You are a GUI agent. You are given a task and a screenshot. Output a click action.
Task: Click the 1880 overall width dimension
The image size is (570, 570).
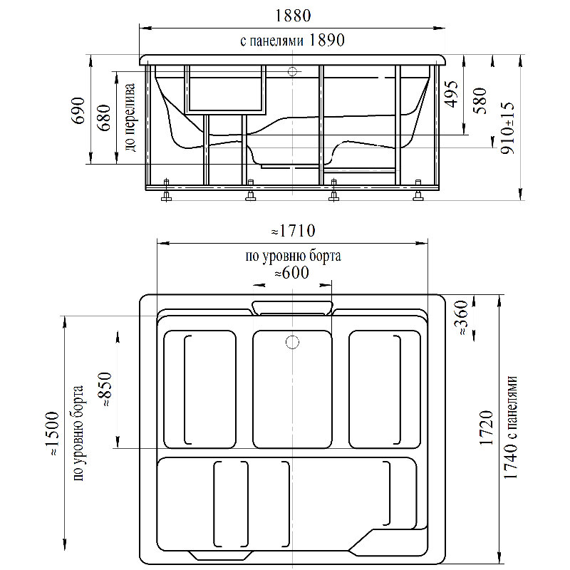point(292,16)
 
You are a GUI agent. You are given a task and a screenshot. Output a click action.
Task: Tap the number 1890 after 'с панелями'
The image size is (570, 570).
point(326,40)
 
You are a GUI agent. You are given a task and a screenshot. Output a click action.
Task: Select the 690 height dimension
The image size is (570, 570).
point(78,110)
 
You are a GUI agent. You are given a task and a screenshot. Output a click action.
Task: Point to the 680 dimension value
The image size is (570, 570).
point(104,118)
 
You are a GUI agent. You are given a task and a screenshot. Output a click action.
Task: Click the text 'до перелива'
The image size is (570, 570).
point(130,118)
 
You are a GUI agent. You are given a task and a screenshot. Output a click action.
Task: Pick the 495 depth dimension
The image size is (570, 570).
point(451,94)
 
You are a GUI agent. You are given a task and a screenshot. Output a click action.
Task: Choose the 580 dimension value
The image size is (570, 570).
point(480,100)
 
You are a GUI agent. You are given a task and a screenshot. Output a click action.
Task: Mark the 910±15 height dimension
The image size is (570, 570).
point(508,128)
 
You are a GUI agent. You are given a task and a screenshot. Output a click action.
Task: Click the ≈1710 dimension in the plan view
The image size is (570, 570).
point(293,230)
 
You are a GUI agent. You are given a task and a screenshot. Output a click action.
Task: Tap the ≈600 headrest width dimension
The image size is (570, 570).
point(291,273)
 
